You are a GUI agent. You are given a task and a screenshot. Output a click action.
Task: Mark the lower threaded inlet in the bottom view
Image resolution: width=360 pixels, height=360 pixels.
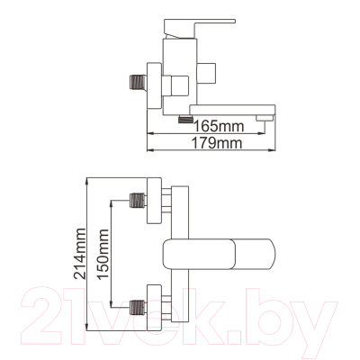[x=138, y=308]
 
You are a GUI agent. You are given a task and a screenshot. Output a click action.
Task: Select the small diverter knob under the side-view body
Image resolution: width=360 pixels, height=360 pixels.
[x=184, y=118]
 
